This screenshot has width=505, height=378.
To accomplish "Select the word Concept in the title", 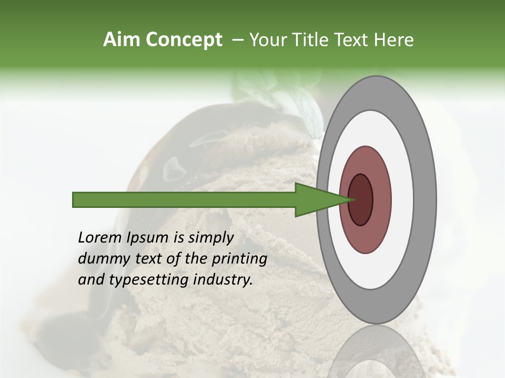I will [x=184, y=40].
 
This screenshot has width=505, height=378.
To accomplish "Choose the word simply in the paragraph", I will [x=209, y=238].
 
